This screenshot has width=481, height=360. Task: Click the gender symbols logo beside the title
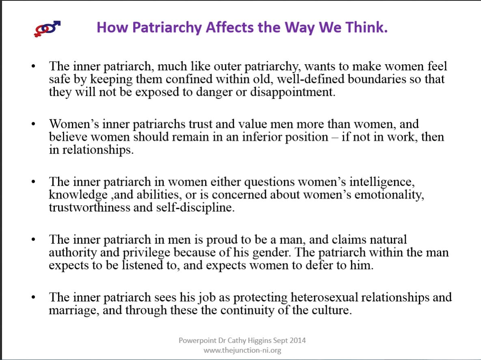tap(47, 29)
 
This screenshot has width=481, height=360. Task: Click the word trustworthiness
tap(90, 208)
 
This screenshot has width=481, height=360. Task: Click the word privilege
tap(146, 253)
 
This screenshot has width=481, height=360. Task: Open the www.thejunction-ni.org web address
tap(242, 350)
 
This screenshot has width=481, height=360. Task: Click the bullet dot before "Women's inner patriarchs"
tap(33, 124)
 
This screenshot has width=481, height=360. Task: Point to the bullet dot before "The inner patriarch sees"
tap(33, 297)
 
